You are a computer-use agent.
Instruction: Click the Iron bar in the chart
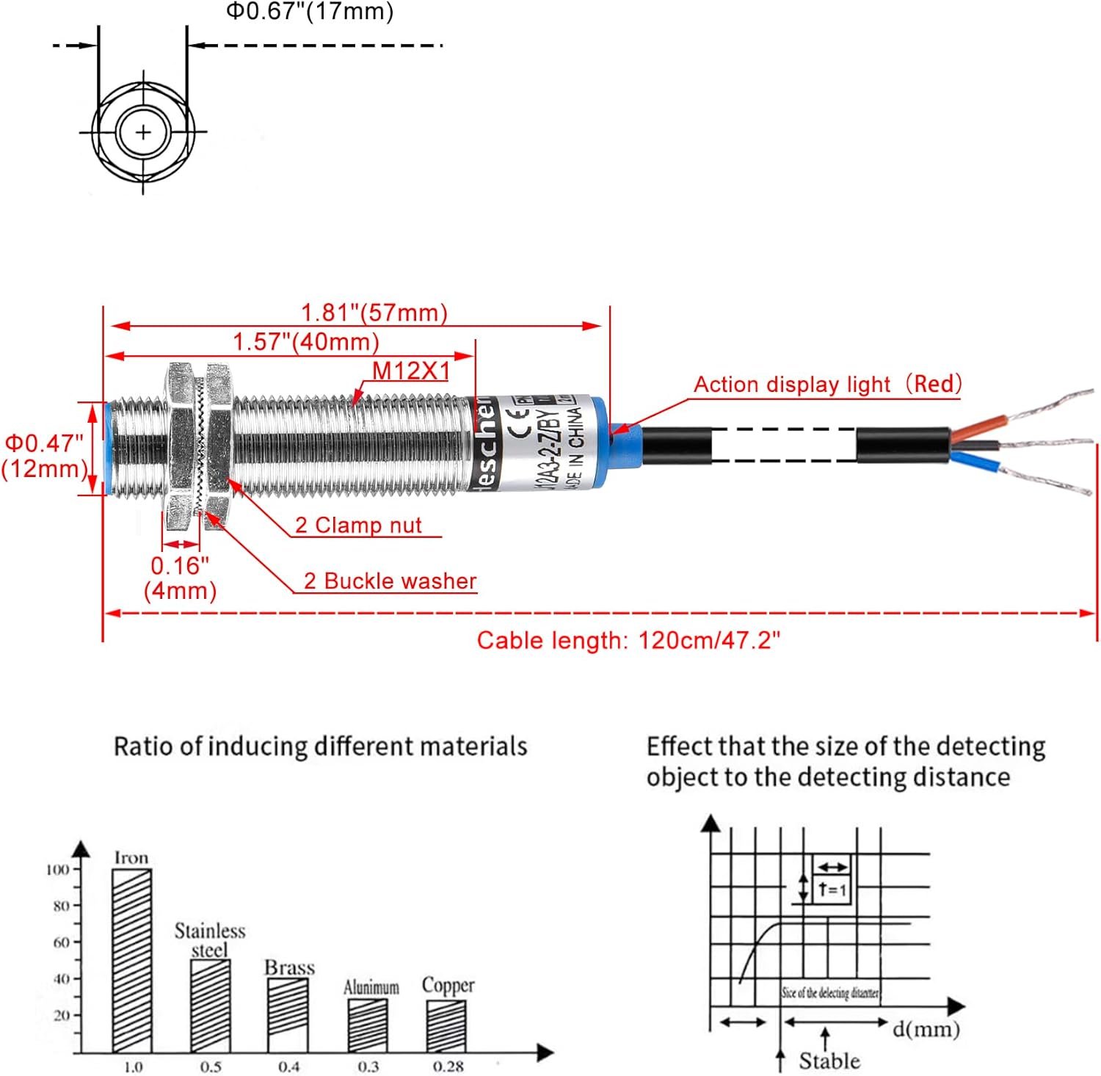(132, 960)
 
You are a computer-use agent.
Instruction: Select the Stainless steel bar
(210, 1006)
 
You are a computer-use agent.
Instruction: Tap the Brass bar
(288, 1015)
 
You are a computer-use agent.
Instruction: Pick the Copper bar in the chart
(446, 1025)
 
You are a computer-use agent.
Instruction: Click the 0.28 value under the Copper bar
(448, 1066)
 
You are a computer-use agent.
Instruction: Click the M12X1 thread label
(411, 371)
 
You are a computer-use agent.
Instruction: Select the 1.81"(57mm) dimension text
(374, 313)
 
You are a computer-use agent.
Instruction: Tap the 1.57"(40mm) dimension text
(306, 342)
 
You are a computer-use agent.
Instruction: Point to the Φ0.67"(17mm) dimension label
(309, 11)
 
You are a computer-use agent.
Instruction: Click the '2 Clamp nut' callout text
(358, 526)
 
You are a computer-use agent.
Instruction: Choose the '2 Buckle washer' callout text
(390, 581)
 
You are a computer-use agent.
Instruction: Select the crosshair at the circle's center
(143, 132)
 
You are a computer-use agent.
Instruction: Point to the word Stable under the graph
(829, 1061)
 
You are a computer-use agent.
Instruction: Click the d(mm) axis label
(926, 1029)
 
